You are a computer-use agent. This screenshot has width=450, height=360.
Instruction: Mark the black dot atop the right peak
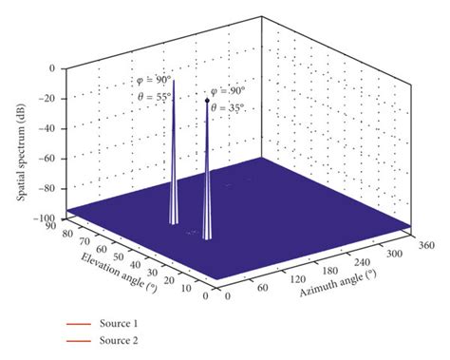click(208, 98)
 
